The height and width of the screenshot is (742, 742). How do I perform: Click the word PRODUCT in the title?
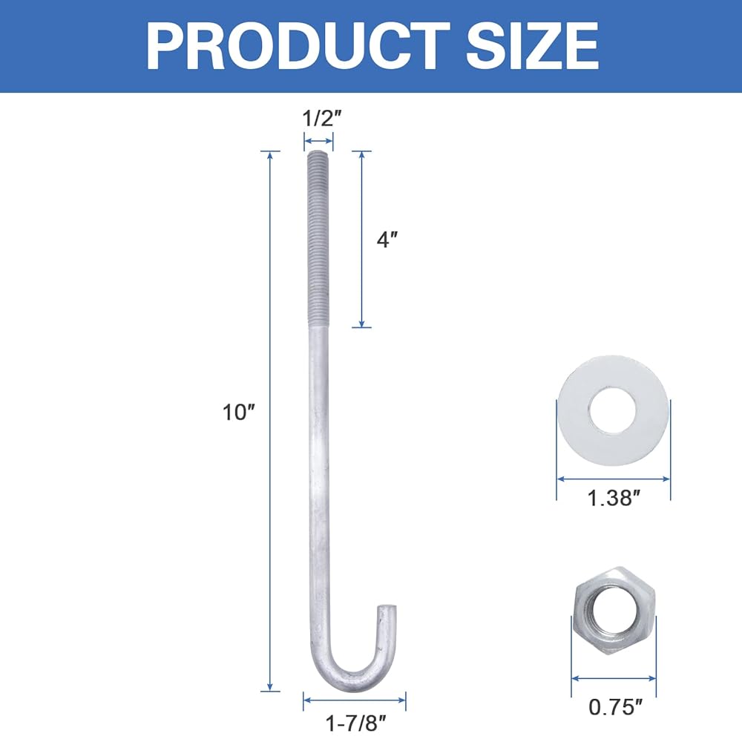(x=298, y=46)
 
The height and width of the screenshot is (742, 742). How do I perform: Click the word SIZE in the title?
(x=533, y=46)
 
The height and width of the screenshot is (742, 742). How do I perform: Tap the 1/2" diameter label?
(x=321, y=118)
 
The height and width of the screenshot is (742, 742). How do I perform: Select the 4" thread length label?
(x=387, y=240)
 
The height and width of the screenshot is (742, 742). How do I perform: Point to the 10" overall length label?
(x=238, y=412)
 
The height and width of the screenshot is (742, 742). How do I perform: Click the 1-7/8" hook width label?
(x=356, y=723)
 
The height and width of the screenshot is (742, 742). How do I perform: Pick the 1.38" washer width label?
(x=614, y=499)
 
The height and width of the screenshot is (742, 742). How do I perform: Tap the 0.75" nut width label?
(x=616, y=707)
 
